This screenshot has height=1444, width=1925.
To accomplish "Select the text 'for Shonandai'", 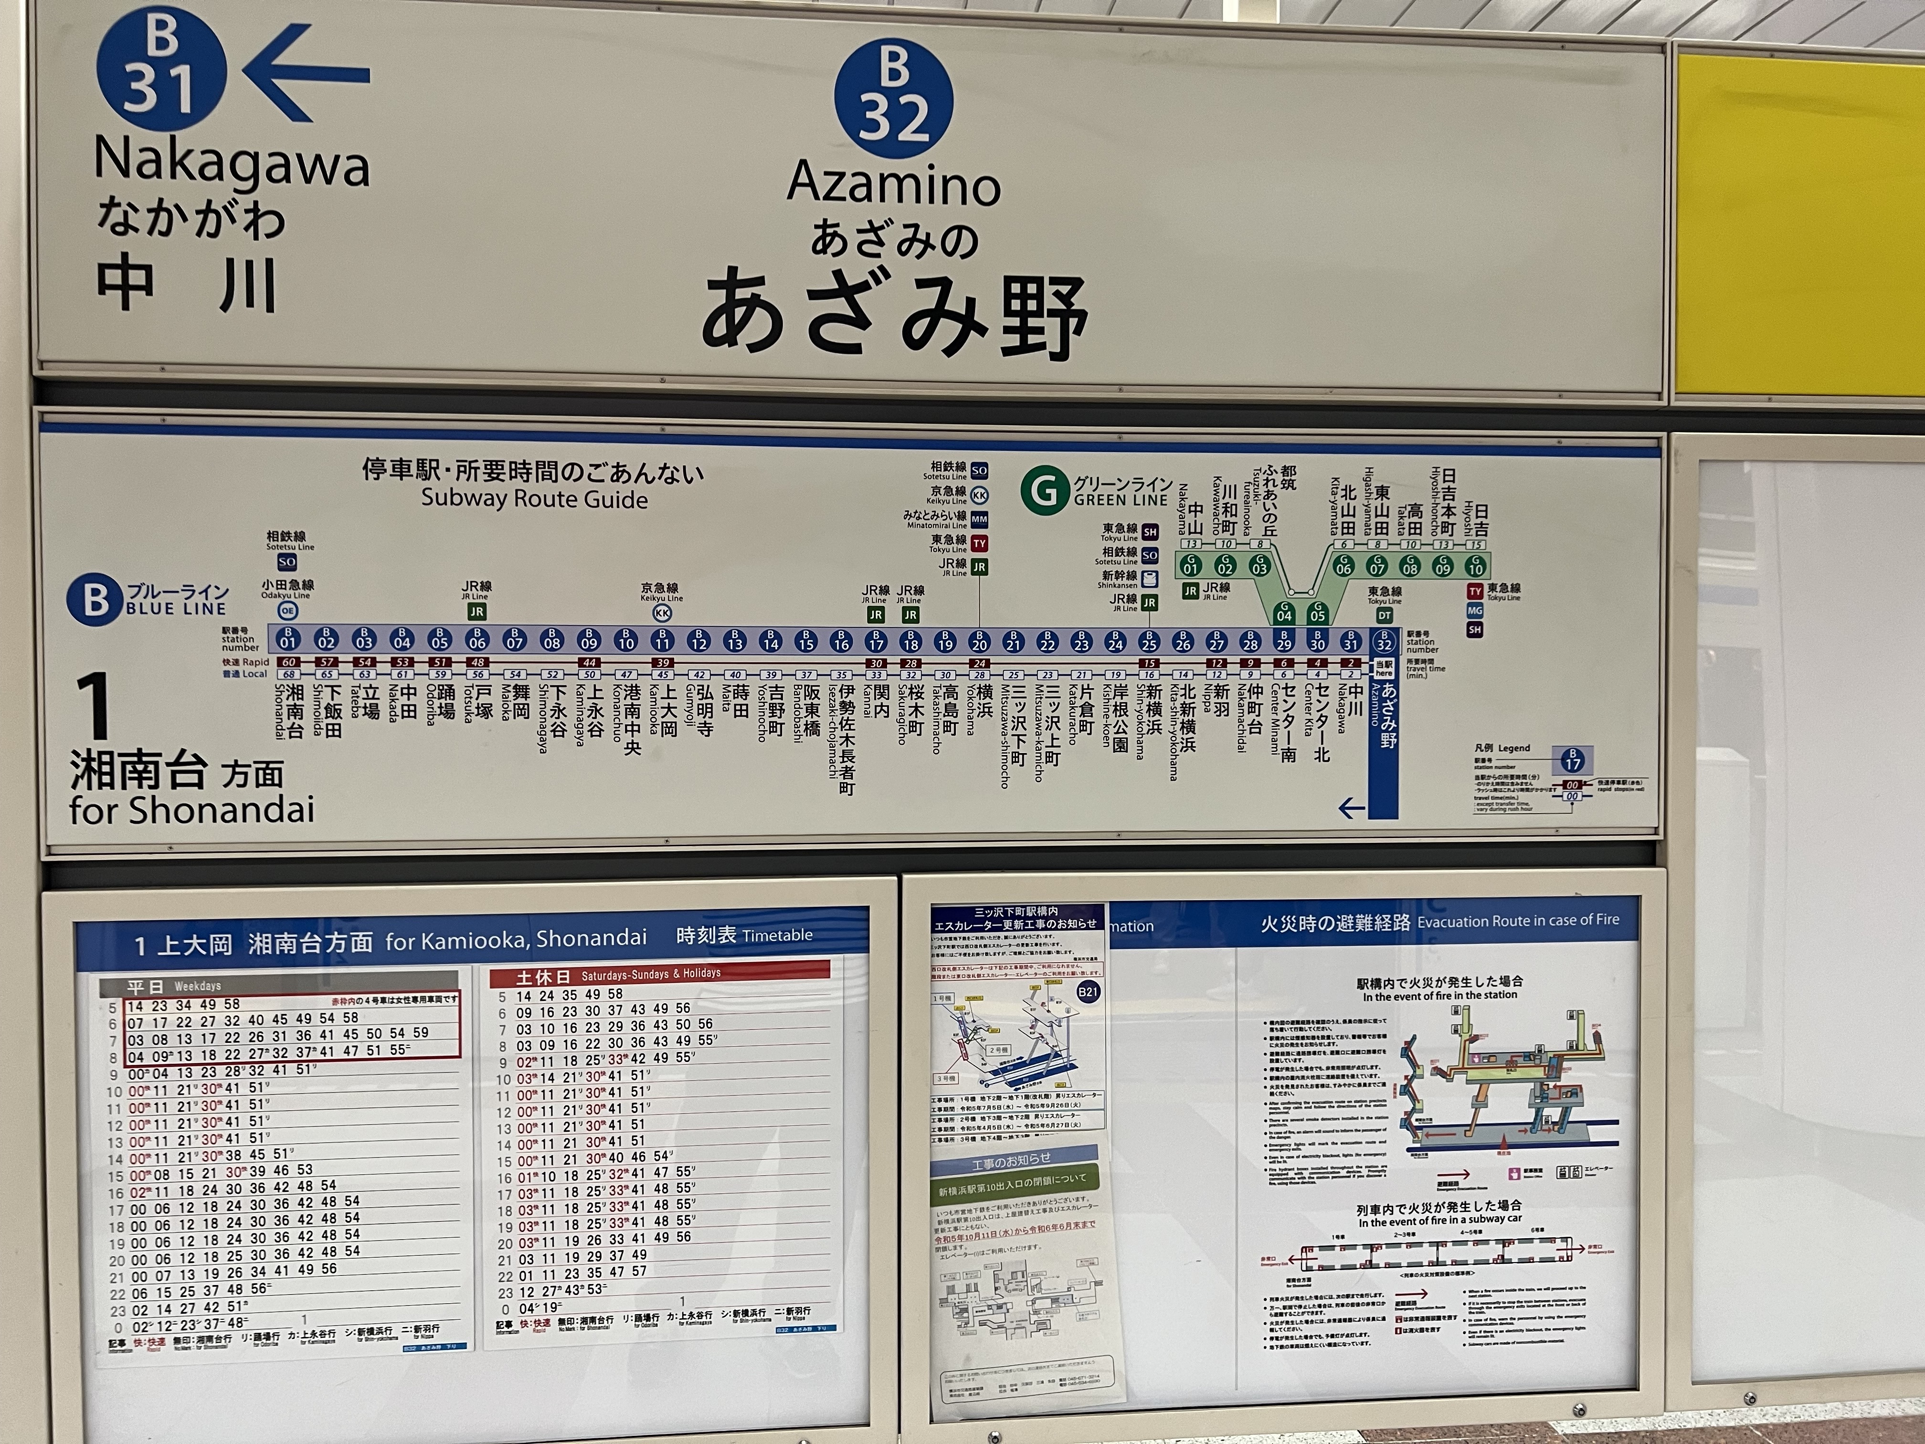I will pyautogui.click(x=191, y=810).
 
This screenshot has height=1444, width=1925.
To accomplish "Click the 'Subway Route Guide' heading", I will pyautogui.click(x=534, y=499).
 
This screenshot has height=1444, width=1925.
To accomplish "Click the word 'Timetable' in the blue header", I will pyautogui.click(x=777, y=935).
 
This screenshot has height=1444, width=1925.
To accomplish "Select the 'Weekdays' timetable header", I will pyautogui.click(x=198, y=986).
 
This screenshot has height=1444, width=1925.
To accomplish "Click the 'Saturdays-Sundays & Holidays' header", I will pyautogui.click(x=650, y=973).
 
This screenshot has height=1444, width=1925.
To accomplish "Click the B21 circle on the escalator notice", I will pyautogui.click(x=1088, y=991).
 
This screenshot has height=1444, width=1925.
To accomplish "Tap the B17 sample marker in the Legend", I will pyautogui.click(x=1572, y=760).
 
